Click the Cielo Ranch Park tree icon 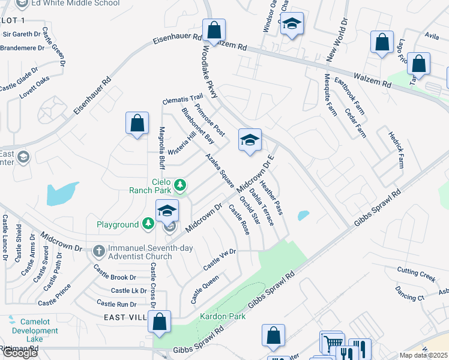179,184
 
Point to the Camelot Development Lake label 35,330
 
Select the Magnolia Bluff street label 161,148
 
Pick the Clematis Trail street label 184,98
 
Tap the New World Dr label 337,43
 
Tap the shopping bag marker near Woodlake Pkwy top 214,30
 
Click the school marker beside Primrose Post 250,140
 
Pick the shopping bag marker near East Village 160,322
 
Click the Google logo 20,353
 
